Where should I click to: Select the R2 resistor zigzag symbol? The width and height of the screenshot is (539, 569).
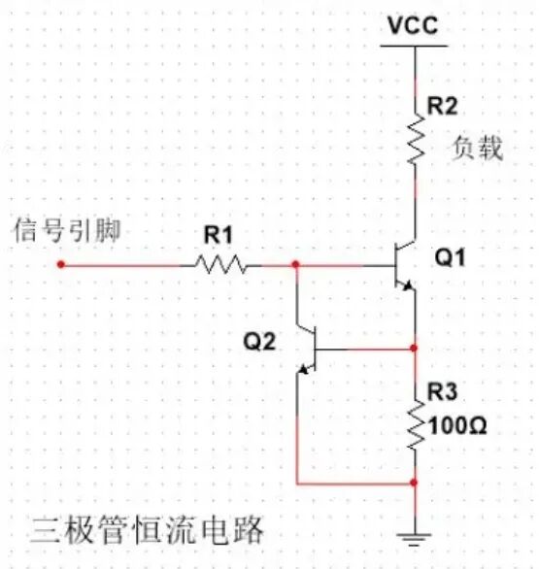415,138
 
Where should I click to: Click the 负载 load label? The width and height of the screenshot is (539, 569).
477,150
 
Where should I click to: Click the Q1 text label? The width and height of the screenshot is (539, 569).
450,258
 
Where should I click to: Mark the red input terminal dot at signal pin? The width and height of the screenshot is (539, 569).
60,264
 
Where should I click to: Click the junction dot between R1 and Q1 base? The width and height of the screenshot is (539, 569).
295,264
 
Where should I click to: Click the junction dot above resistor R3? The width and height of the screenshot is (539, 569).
415,348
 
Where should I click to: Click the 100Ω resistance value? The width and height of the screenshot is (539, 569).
455,423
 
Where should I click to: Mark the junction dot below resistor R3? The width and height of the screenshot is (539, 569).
415,482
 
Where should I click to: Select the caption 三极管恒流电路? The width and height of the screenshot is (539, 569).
146,531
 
